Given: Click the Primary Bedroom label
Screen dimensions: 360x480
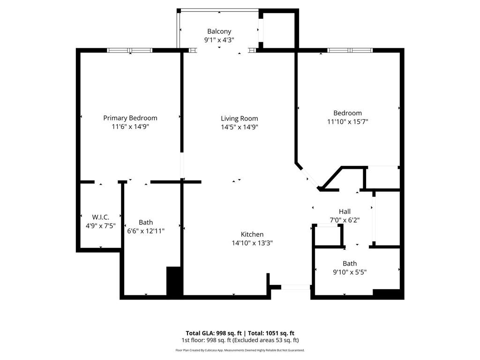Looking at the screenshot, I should click(x=130, y=118).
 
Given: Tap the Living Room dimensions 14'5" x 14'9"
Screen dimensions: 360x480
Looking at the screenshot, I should click(x=240, y=127).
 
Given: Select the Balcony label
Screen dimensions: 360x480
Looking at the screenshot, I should click(x=219, y=32).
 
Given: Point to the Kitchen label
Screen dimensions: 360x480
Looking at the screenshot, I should click(x=252, y=234).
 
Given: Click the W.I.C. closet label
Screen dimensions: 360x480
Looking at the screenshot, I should click(x=101, y=217).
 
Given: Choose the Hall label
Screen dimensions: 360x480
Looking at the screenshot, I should click(x=345, y=211).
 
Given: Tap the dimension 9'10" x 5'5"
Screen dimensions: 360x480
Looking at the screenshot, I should click(x=350, y=272).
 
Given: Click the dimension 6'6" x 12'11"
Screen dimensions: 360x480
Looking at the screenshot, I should click(x=146, y=231).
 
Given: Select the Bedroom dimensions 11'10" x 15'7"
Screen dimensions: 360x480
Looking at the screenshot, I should click(x=347, y=121).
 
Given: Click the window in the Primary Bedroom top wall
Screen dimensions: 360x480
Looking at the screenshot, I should click(x=129, y=50).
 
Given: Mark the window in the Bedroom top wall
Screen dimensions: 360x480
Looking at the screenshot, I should click(x=350, y=50).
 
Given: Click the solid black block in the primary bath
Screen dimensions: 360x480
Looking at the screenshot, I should click(x=174, y=281).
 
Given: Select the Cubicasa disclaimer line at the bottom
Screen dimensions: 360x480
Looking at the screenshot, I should click(x=240, y=350).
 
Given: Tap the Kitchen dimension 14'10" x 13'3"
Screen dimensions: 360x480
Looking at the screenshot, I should click(x=252, y=243).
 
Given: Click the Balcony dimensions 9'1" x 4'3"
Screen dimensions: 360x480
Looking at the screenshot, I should click(x=219, y=40).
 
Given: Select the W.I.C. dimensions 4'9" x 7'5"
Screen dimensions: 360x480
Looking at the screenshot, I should click(x=101, y=225).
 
